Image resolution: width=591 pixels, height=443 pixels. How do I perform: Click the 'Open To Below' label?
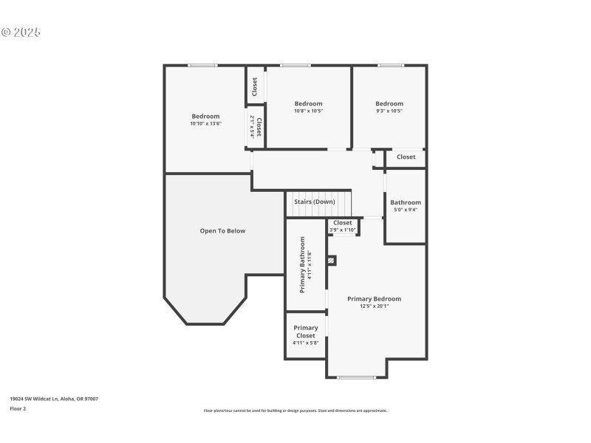coord(222,231)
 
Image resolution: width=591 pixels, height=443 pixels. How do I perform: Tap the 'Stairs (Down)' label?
coord(315,202)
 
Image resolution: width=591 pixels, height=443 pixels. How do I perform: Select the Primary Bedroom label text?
coord(375,299)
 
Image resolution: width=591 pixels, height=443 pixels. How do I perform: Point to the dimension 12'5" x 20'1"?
coord(375,306)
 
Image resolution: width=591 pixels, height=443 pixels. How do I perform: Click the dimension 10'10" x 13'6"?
coord(205,123)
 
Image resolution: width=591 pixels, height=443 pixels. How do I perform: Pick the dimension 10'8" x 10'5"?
coord(308,111)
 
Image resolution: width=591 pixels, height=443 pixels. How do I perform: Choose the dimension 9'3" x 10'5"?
coord(389,111)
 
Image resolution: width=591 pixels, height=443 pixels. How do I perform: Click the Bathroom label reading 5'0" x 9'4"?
coord(406,210)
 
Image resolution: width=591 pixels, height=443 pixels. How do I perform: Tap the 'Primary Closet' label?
coord(306,332)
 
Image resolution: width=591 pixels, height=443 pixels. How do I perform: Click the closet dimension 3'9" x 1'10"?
coord(343,230)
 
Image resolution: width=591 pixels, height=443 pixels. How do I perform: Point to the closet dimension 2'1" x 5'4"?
coord(252,127)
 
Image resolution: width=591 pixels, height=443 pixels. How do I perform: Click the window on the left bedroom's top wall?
coord(202,66)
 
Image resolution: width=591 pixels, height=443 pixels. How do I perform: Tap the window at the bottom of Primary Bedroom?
coord(356,378)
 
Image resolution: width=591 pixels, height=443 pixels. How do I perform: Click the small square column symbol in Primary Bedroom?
coord(331,259)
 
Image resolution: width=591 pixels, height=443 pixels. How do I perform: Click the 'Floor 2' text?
coord(18,408)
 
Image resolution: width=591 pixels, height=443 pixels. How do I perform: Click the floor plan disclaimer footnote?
coord(295,411)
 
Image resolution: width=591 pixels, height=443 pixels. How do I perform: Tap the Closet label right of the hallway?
coord(406,157)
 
